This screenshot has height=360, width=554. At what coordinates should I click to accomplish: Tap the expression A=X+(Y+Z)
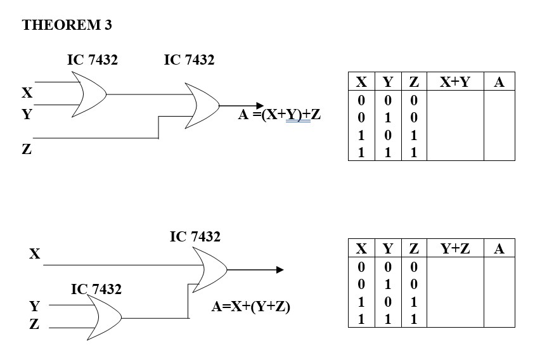coord(250,307)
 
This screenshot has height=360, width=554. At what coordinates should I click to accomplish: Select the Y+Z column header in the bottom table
coord(454,248)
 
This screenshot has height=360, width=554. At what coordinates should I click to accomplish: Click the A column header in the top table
coord(499,82)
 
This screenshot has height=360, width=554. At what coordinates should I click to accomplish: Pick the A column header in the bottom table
coord(499,248)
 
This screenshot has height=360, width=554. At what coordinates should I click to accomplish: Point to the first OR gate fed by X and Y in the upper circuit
coord(89,94)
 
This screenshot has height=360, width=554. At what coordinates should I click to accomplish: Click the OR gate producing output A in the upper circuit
coord(202,105)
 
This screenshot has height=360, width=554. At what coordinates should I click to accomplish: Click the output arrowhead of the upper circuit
coord(258,106)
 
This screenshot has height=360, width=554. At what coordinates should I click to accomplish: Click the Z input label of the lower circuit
coord(34,325)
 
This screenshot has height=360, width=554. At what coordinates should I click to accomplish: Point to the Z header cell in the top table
coord(413,82)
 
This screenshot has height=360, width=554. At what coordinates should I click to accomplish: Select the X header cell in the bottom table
coord(361,248)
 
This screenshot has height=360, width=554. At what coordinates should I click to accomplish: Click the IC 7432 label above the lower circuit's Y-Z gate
coord(96,289)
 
